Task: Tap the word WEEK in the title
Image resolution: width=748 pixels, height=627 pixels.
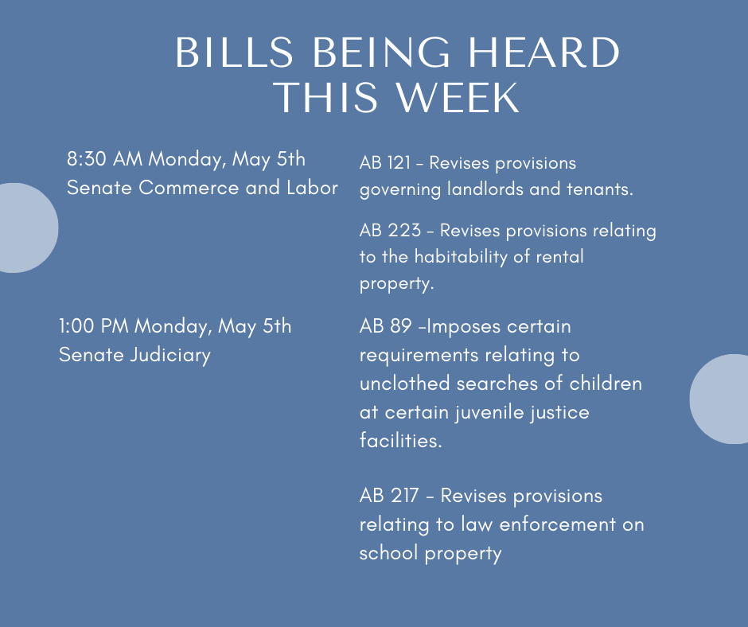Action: point(458,97)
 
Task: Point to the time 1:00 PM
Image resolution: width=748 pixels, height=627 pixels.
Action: point(94,326)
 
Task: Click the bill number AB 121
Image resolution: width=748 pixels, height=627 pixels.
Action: point(385,163)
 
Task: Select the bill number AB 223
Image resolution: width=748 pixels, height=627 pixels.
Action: point(390,231)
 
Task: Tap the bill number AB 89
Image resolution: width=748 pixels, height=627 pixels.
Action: point(385,326)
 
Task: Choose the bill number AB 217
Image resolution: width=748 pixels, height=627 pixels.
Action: point(389,496)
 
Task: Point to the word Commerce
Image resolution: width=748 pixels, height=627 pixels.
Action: point(189,188)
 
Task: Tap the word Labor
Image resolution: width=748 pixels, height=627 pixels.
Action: point(312,188)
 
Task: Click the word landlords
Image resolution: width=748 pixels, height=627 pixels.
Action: point(485,189)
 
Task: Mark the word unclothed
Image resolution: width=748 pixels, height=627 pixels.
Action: point(405,384)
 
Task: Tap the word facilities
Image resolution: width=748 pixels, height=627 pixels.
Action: point(401,441)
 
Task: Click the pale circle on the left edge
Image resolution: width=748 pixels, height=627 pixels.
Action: point(27,228)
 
